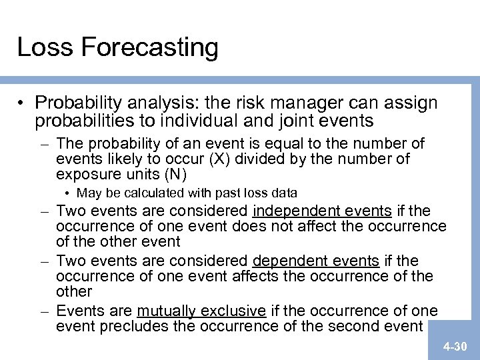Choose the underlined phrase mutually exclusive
[x=201, y=311]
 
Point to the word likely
[x=113, y=159]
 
